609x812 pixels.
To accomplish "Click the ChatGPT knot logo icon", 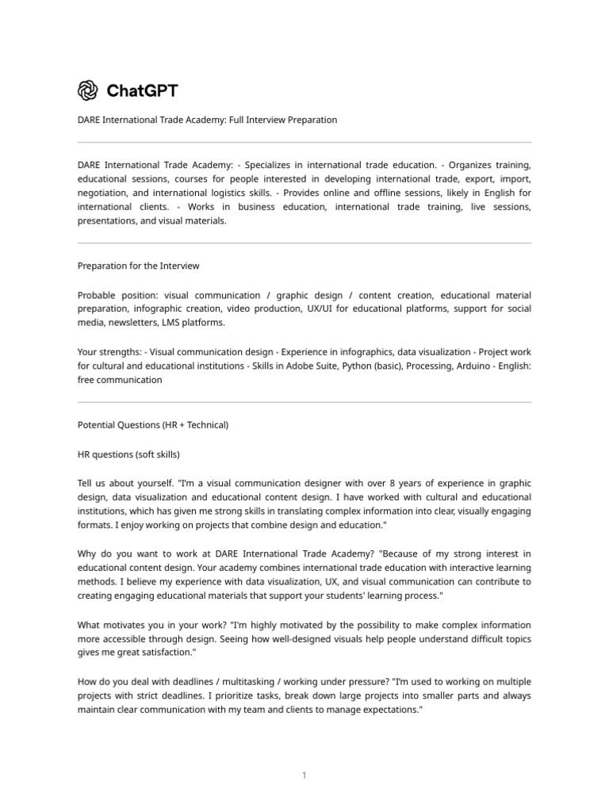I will tap(87, 91).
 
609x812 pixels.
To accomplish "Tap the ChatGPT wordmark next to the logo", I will tap(143, 91).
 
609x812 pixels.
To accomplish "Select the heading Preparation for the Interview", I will tap(138, 266).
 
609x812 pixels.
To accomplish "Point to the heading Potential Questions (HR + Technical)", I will tap(153, 425).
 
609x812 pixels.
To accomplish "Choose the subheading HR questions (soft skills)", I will tap(128, 454).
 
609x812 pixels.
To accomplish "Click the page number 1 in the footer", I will tap(304, 753).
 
